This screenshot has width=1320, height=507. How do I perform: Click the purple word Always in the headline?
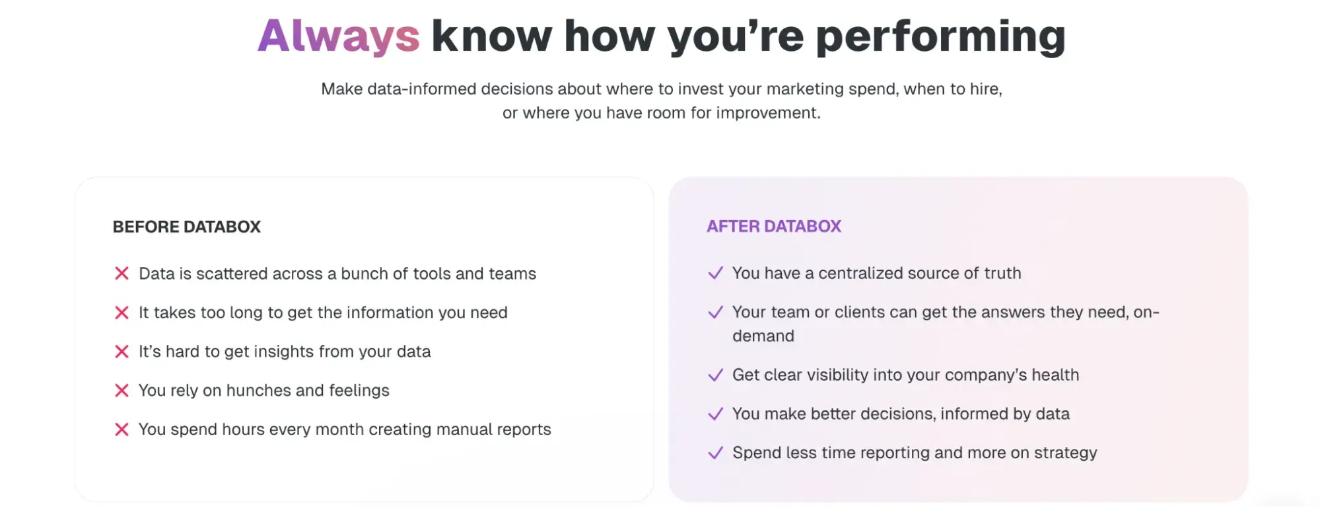338,36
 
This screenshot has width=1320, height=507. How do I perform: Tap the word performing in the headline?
940,37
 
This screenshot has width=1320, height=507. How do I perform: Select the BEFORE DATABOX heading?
187,227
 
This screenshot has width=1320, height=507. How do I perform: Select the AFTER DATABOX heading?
774,226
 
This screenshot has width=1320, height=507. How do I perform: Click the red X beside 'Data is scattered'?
122,274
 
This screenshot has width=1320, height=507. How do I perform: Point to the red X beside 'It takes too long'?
122,313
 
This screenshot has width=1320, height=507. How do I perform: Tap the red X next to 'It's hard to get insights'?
122,352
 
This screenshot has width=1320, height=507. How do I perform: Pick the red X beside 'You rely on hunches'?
122,391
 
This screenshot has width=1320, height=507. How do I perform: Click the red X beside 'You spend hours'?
122,430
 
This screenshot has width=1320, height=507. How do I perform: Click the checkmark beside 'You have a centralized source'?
715,274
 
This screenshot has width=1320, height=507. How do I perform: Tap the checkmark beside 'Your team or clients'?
715,313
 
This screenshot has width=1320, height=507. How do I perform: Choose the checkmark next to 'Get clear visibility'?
715,375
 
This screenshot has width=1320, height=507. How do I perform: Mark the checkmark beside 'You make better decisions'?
715,414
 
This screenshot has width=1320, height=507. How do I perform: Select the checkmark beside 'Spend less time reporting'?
715,453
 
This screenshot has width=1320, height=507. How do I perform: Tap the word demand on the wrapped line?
763,336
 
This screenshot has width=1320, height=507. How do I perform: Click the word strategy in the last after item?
1065,453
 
